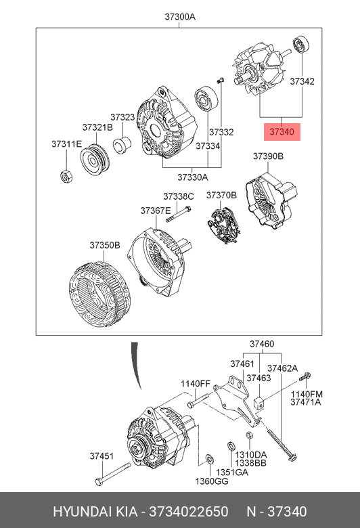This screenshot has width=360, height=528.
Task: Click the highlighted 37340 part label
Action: click(x=282, y=132)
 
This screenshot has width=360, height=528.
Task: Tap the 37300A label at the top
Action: click(x=180, y=16)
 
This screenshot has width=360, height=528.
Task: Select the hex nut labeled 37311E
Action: click(x=66, y=177)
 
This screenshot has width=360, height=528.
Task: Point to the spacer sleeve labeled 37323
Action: click(x=122, y=145)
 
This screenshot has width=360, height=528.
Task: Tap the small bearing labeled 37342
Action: click(x=300, y=44)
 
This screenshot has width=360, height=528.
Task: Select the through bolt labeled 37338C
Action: click(x=179, y=214)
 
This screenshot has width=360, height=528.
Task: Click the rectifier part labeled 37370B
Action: click(x=223, y=223)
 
